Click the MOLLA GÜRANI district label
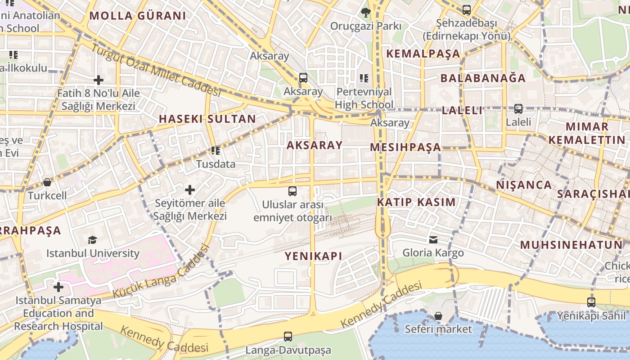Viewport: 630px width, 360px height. (x=137, y=16)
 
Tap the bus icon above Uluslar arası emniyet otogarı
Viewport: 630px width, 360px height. (x=292, y=191)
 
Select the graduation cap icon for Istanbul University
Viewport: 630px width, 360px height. (x=92, y=240)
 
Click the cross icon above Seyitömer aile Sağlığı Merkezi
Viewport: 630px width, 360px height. (x=190, y=190)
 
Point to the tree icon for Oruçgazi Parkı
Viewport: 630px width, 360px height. (x=366, y=13)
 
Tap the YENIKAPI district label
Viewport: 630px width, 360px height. (x=313, y=256)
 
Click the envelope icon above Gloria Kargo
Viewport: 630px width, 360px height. (x=433, y=240)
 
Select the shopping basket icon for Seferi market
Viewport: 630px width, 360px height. (x=438, y=316)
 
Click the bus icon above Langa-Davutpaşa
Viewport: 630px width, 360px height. (x=288, y=336)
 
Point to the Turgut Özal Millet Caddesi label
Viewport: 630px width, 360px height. (x=156, y=70)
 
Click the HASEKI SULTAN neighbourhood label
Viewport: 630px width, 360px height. (x=207, y=119)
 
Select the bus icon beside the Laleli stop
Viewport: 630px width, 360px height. (x=518, y=108)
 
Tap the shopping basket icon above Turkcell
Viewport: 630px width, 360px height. (x=47, y=182)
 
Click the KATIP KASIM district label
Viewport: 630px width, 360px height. (x=416, y=202)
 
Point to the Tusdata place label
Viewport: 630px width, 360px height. (x=216, y=164)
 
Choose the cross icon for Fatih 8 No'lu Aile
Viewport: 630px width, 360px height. (x=98, y=81)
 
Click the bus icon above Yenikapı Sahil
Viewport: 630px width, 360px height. (x=591, y=302)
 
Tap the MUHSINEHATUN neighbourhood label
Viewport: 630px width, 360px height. (x=571, y=245)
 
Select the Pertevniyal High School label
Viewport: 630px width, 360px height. (x=364, y=98)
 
